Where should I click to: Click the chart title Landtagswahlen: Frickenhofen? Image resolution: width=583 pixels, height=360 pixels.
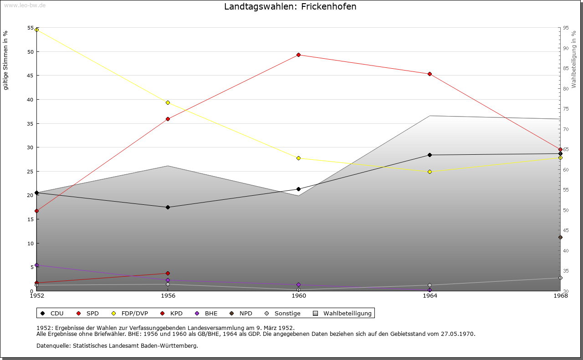(290, 7)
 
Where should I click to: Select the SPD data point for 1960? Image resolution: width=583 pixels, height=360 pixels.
(298, 55)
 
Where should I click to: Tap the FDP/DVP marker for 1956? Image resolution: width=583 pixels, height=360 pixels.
(168, 103)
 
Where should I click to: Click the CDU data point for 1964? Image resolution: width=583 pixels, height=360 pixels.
(430, 155)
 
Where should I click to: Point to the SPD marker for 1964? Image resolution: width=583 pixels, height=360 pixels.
(430, 74)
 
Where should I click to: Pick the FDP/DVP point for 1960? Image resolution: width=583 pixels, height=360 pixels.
(298, 158)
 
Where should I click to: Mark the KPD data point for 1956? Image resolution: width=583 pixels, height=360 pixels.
(168, 274)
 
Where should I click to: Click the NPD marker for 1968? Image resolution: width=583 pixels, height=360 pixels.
(560, 238)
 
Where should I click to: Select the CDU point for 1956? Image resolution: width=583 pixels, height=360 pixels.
(168, 208)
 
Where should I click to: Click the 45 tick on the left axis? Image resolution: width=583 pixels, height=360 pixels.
(31, 76)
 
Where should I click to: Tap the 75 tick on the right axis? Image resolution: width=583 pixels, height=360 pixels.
(565, 109)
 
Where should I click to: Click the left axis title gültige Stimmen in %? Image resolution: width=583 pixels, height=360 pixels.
(6, 61)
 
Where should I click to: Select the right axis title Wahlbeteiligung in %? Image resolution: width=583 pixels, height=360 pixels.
(574, 60)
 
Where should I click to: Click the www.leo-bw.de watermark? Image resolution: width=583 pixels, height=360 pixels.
(24, 5)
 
